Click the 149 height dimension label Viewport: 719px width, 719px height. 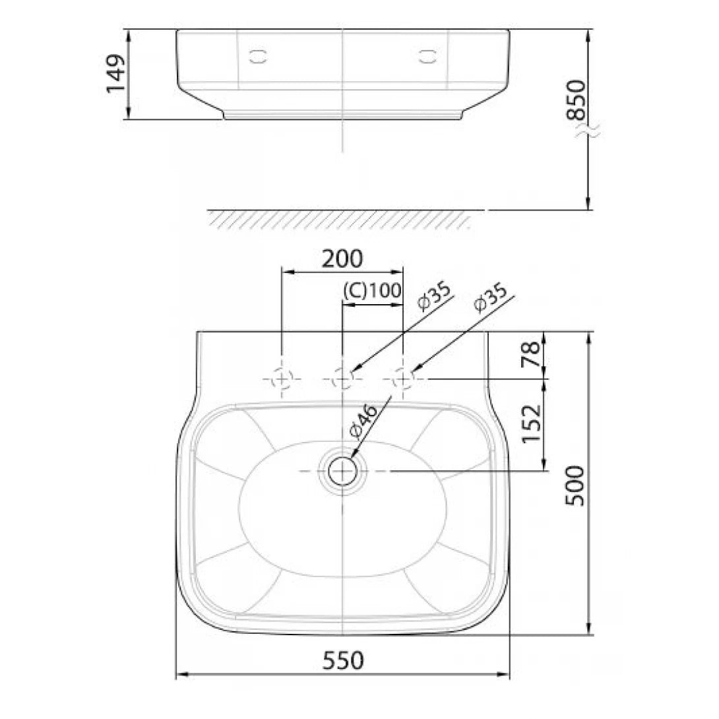point(116,73)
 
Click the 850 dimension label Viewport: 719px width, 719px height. point(577,99)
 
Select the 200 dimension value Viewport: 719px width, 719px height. point(342,259)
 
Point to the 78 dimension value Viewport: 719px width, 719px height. point(531,355)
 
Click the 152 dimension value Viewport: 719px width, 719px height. point(531,425)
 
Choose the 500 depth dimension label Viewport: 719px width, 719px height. point(576,485)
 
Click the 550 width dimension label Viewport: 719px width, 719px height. point(342,660)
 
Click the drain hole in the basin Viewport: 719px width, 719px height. point(342,471)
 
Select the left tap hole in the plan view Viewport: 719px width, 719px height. point(282,379)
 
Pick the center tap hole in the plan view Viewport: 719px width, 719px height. point(342,379)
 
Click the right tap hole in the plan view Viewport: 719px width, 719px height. point(402,379)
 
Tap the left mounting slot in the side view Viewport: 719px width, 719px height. point(259,56)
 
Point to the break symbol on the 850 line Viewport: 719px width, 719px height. point(587,132)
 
